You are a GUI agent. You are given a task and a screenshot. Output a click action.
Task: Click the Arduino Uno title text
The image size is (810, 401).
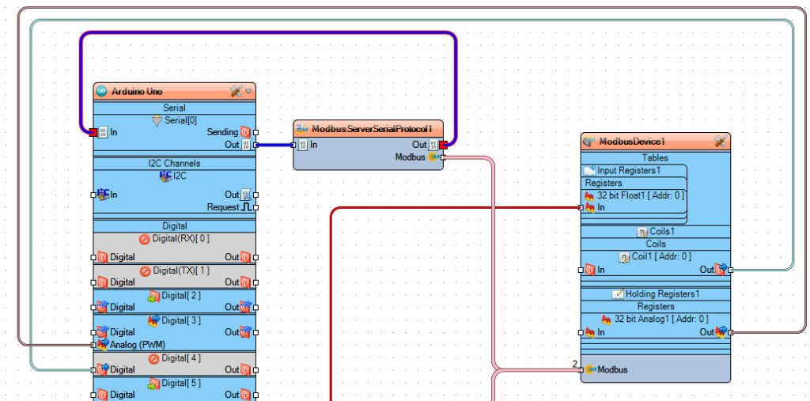[137, 92]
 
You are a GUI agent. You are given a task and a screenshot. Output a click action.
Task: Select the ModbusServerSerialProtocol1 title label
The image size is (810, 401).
[371, 129]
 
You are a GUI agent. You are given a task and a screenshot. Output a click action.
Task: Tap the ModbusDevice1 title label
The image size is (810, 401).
[632, 142]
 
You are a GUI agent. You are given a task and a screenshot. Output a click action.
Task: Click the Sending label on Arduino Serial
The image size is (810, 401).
[222, 132]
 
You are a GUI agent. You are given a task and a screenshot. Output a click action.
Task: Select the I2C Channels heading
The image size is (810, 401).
[174, 163]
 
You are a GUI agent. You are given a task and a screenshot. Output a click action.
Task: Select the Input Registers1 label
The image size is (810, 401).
[628, 170]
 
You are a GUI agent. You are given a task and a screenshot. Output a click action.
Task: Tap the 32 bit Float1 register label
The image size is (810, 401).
[641, 195]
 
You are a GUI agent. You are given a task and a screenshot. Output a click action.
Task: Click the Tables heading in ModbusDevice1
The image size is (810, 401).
[655, 157]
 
